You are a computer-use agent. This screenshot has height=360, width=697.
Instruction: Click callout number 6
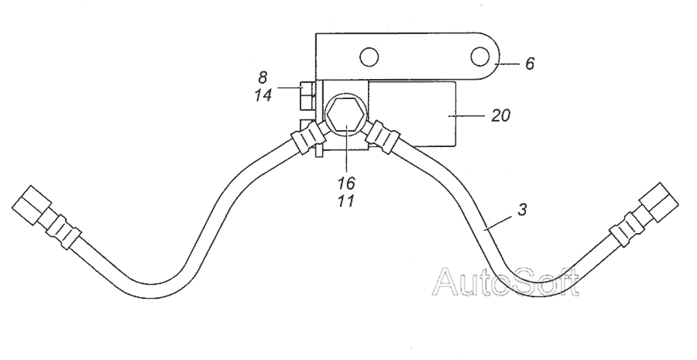click(529, 63)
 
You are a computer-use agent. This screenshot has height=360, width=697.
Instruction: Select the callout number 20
click(500, 116)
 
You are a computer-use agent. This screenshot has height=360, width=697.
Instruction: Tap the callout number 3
click(522, 209)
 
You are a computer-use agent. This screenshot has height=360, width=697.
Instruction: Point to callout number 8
click(263, 77)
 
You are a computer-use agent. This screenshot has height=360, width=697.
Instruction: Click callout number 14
click(263, 94)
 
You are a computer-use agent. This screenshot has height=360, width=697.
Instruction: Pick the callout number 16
click(346, 183)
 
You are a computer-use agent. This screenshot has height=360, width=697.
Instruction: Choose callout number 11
click(346, 201)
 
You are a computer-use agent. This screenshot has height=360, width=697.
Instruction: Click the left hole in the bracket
click(369, 57)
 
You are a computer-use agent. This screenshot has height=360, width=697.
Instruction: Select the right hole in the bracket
click(479, 57)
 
